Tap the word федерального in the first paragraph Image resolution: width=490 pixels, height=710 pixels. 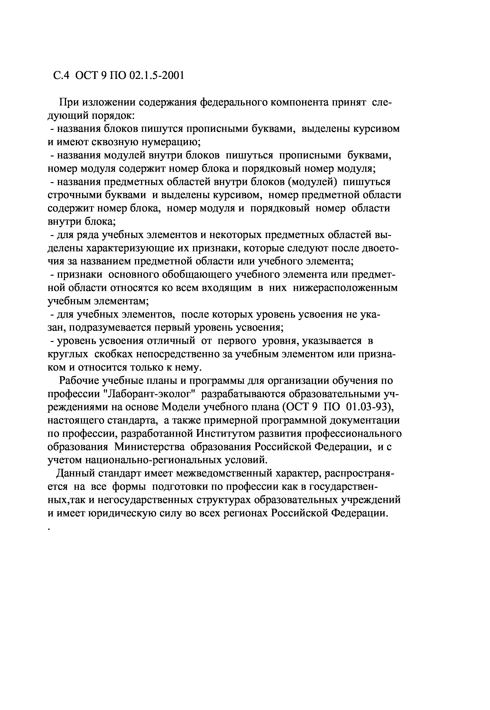(x=234, y=102)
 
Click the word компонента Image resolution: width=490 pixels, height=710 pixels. (x=300, y=102)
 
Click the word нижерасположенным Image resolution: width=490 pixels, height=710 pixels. (x=345, y=288)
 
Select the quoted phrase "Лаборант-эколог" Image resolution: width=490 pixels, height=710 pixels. (x=150, y=394)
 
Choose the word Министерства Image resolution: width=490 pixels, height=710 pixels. (x=150, y=447)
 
